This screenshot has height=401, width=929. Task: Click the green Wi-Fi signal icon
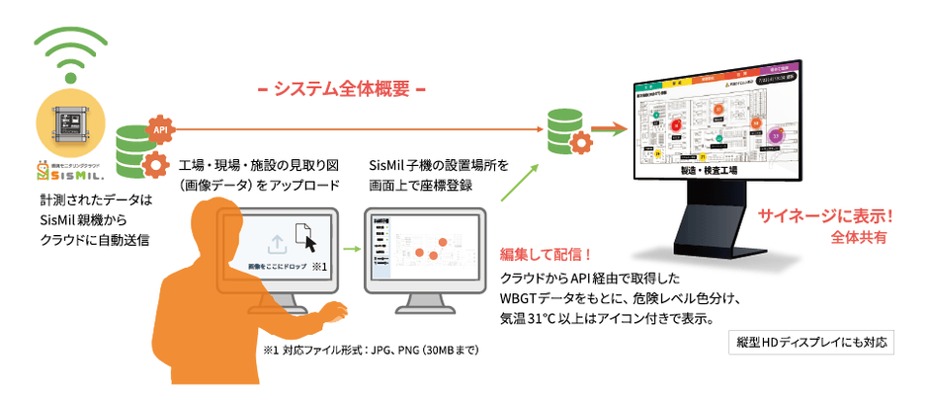69,53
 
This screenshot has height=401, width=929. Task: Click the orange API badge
157,128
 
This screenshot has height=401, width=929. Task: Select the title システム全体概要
341,89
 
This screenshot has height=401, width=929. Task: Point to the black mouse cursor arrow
310,243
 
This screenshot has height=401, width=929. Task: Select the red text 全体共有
859,238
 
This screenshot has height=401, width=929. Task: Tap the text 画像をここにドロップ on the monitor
272,268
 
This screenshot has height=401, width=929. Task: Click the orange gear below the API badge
155,165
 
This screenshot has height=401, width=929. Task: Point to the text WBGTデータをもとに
564,297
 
